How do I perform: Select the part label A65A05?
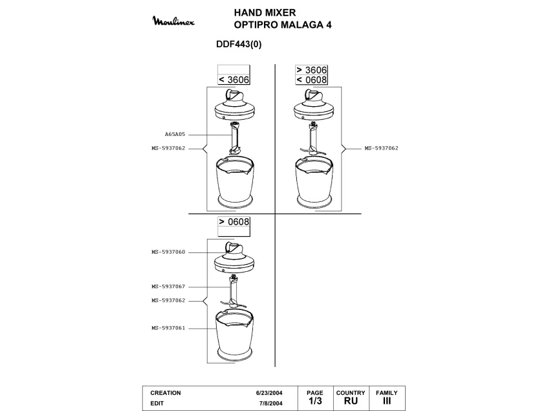pos(175,134)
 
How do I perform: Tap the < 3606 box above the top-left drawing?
pos(234,80)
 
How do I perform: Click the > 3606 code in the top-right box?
pos(311,70)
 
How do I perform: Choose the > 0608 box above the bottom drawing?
pos(234,221)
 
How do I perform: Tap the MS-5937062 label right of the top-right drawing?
pos(381,148)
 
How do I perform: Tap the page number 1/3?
pos(314,402)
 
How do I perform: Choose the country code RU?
pos(351,402)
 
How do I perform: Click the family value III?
pos(387,402)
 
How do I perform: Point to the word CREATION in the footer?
pos(166,393)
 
